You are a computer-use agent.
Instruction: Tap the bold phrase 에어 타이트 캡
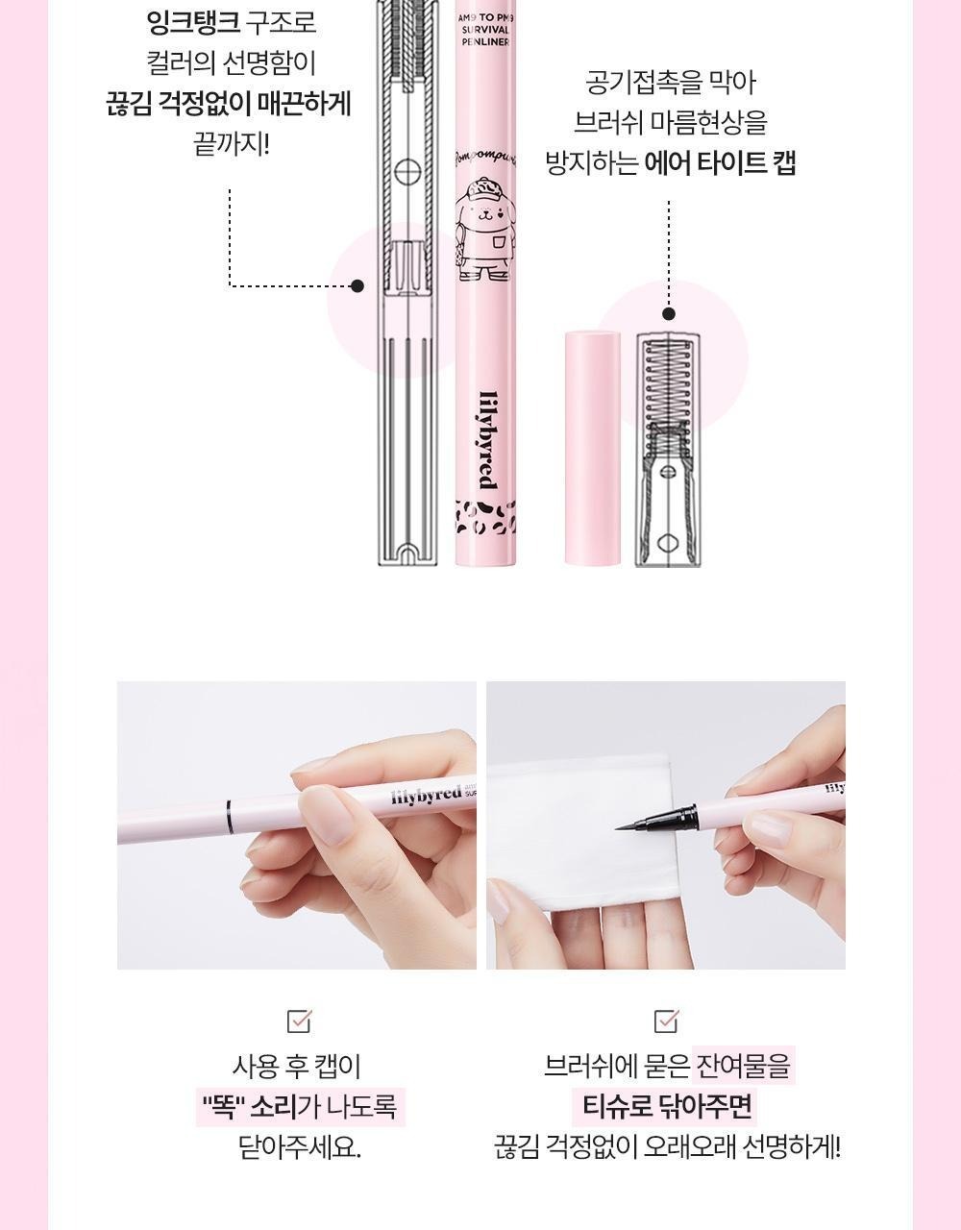click(721, 163)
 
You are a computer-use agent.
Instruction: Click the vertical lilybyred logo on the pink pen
click(486, 440)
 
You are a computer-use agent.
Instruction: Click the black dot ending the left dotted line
click(357, 285)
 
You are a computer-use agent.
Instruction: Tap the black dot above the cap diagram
click(669, 313)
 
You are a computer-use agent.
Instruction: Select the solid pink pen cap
click(593, 449)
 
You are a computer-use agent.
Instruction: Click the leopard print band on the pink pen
click(485, 517)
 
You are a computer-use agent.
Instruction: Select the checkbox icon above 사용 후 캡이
click(299, 1021)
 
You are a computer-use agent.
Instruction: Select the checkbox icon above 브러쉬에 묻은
click(666, 1021)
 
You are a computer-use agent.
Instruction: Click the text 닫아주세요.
click(300, 1147)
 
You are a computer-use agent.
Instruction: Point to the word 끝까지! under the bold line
click(231, 144)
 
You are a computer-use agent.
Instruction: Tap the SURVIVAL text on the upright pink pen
click(484, 30)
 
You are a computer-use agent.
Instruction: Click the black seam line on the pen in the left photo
click(230, 816)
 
